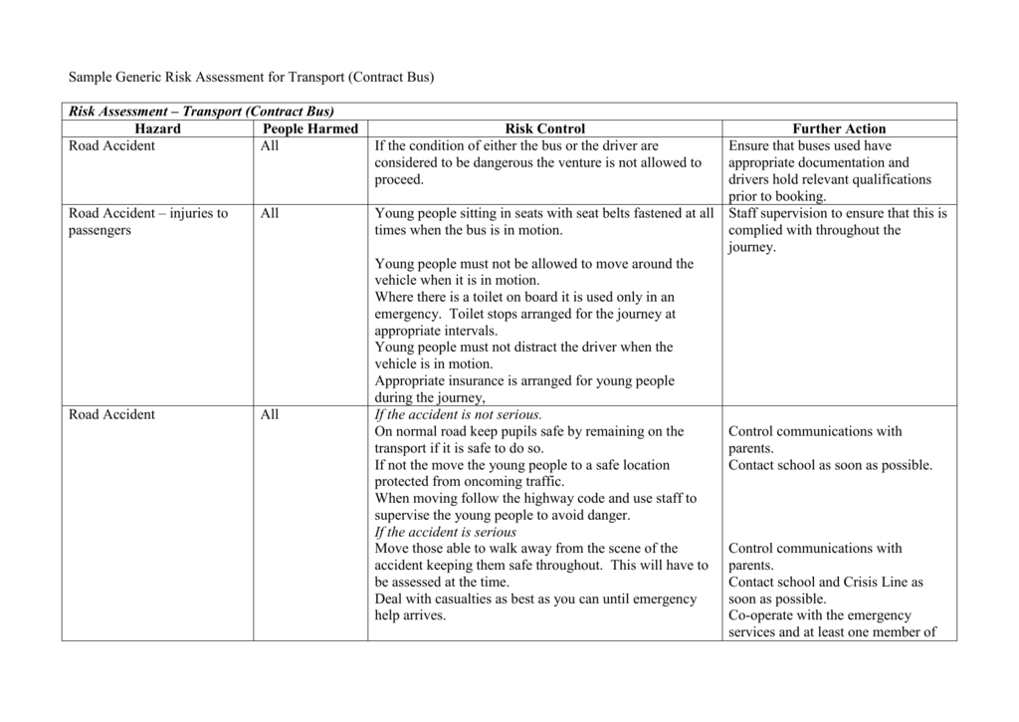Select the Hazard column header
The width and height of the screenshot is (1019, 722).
pos(158,128)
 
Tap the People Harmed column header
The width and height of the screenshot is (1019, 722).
pos(309,128)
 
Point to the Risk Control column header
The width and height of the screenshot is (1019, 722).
pos(544,128)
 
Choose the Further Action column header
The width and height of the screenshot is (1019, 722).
pos(838,128)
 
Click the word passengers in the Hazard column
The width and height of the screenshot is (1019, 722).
pos(100,230)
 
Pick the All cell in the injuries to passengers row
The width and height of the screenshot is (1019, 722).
pos(270,213)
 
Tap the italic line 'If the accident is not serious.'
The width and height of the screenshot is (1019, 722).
pos(459,414)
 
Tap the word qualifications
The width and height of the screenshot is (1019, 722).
pos(886,179)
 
